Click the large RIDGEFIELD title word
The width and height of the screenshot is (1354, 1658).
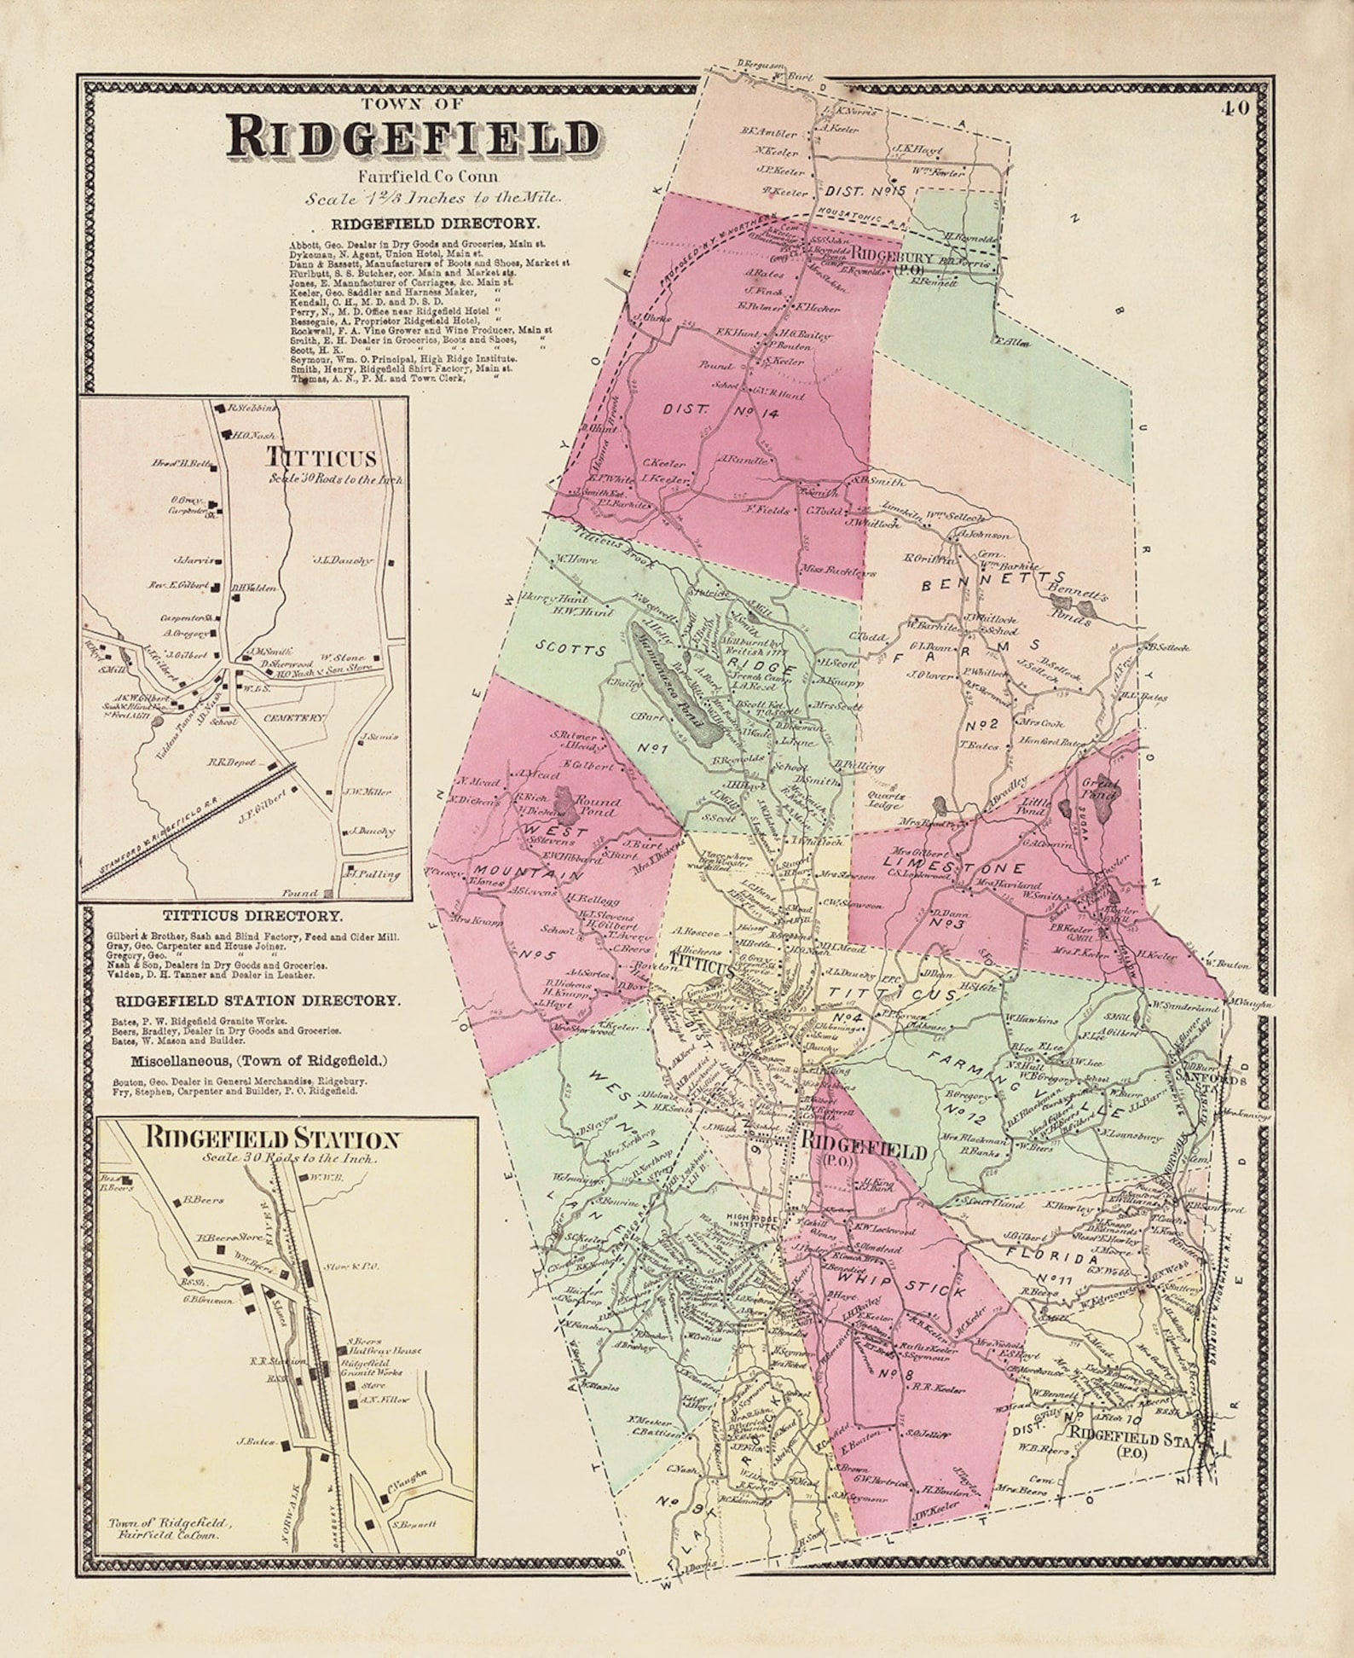click(x=413, y=138)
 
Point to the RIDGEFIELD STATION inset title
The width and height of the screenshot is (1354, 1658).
click(x=272, y=1139)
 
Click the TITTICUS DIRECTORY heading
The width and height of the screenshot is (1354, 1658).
click(x=253, y=916)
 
